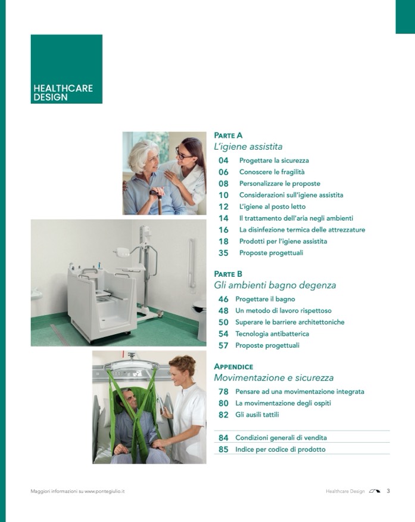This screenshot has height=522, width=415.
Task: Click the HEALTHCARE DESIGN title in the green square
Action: click(63, 92)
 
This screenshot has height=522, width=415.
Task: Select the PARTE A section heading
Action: click(228, 135)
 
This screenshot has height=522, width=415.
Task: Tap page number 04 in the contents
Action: click(224, 160)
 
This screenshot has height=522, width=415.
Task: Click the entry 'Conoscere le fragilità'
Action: click(272, 172)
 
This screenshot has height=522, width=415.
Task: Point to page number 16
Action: click(224, 230)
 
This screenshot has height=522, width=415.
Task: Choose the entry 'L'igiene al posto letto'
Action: click(272, 207)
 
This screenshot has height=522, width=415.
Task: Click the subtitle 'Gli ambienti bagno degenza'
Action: click(275, 285)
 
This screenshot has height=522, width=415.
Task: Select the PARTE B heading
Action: click(228, 274)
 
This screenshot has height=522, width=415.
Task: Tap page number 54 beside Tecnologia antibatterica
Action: click(224, 334)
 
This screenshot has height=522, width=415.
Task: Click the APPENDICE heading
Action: click(233, 367)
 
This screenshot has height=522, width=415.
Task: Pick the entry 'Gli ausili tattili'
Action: click(257, 415)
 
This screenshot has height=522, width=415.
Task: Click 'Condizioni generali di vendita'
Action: click(281, 438)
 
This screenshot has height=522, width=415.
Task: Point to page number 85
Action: click(224, 449)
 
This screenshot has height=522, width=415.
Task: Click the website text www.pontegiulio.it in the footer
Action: click(104, 492)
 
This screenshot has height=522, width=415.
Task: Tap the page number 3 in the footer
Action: click(388, 491)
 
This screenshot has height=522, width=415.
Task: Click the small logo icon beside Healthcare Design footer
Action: click(374, 492)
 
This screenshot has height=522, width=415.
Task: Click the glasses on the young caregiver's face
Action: click(182, 155)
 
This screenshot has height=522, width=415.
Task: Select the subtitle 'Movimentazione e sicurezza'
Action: click(274, 378)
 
